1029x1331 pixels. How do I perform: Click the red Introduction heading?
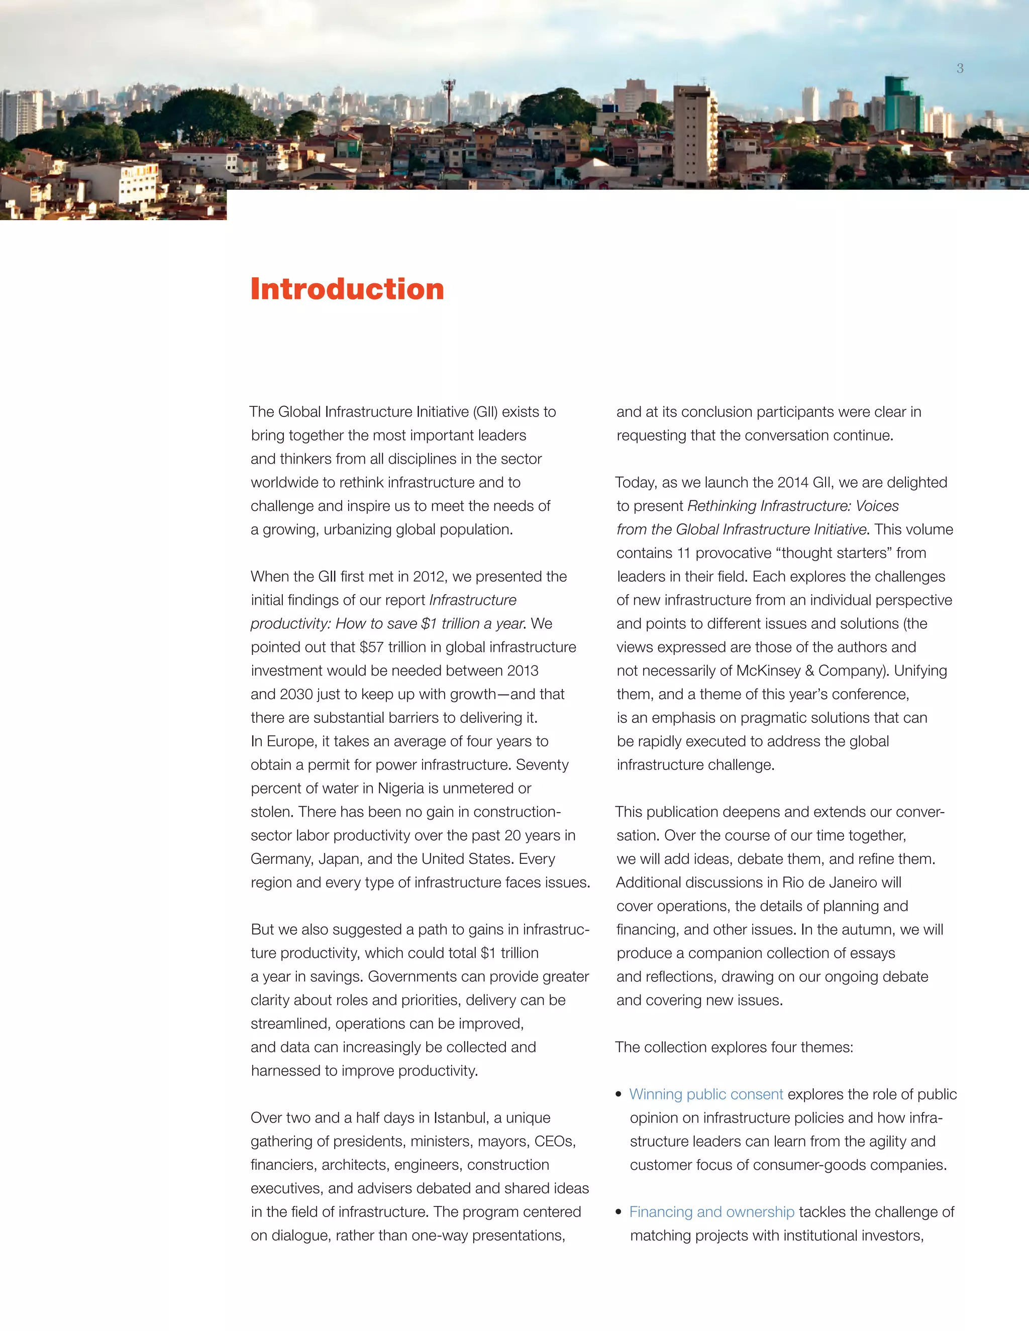(347, 289)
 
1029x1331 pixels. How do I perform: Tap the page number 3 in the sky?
(960, 68)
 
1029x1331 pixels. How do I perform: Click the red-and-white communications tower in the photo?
(449, 100)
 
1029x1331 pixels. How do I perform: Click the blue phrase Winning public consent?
(706, 1094)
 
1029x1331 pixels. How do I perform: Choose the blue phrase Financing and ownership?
(711, 1211)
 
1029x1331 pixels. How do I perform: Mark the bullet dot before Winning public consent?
(619, 1094)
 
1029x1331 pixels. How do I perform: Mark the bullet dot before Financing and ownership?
(619, 1212)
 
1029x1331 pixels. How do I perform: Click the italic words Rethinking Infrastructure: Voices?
(793, 506)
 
